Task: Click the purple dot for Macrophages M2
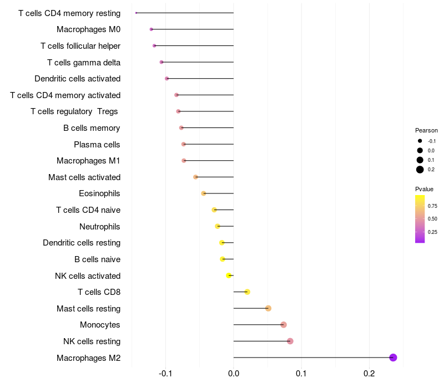393,358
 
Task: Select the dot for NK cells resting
290,341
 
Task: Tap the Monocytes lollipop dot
284,325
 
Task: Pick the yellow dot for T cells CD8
247,292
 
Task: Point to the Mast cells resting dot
268,308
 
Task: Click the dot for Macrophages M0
151,29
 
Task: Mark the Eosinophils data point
204,193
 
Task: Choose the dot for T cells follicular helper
154,45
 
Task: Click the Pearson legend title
426,130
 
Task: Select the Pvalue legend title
425,189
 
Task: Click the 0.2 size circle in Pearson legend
420,170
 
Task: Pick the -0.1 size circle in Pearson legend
420,141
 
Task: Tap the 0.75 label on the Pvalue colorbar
432,206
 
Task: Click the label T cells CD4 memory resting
69,13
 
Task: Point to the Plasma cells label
97,145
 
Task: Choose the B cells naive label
97,259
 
